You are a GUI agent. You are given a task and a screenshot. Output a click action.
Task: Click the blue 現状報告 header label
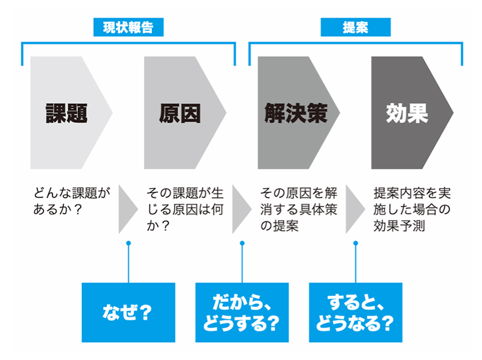coord(129,27)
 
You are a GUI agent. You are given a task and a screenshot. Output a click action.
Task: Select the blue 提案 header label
coord(356,27)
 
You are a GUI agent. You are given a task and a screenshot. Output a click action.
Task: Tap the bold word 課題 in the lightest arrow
coord(67,113)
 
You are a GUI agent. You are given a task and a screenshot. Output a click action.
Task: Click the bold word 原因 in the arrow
coord(180,113)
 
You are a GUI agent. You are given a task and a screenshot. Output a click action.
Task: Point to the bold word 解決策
coord(296,113)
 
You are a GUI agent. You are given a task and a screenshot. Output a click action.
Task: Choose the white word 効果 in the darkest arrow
coord(408,113)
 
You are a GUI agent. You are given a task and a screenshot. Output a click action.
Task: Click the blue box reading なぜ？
coord(129,312)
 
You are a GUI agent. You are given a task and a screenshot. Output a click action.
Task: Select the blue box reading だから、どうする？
coord(242,312)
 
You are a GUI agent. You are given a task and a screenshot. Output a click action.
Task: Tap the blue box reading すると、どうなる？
coord(356,312)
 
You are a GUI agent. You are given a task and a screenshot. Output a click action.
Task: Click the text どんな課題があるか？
coord(72,201)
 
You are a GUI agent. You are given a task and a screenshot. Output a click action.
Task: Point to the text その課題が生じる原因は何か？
coord(185,209)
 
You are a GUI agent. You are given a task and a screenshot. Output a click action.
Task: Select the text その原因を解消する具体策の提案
coord(299,209)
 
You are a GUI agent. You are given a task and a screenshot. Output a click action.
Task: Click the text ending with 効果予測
coord(412,209)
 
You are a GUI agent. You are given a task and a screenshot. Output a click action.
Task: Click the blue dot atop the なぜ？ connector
coord(129,243)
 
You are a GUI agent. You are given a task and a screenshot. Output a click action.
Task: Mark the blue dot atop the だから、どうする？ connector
coord(242,243)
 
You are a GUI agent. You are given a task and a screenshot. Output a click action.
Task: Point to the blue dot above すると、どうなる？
coord(356,243)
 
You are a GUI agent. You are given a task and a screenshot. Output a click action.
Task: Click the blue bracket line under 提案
coord(356,43)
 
